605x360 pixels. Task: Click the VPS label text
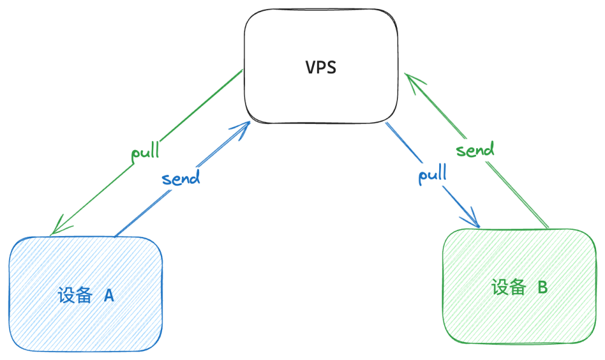[x=321, y=67]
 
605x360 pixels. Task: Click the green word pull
[x=145, y=152]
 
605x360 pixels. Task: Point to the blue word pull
[x=432, y=175]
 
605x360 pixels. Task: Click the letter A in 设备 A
[x=109, y=295]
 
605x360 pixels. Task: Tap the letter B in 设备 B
[x=542, y=287]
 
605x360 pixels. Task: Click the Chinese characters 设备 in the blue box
[x=75, y=295]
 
